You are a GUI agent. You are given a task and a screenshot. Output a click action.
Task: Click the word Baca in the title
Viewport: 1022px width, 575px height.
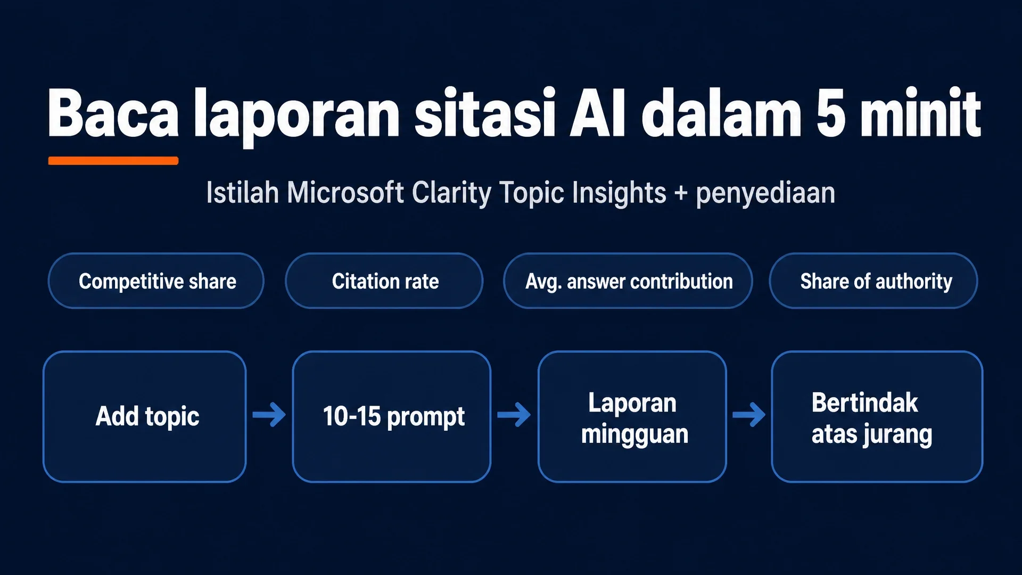(x=113, y=113)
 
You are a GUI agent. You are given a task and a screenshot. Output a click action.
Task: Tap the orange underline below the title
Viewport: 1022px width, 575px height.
(x=113, y=161)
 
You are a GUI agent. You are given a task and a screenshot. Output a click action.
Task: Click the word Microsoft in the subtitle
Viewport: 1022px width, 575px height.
(x=345, y=192)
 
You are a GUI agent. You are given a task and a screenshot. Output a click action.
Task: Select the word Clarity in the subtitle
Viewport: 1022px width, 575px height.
(x=452, y=193)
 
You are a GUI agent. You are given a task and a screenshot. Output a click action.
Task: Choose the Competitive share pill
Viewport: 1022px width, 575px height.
(x=156, y=281)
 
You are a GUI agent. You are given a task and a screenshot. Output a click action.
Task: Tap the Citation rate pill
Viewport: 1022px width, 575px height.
(x=384, y=281)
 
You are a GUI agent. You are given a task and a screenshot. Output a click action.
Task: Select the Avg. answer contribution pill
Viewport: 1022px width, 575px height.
(x=628, y=281)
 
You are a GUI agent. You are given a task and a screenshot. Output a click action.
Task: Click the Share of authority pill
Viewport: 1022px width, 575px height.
(x=873, y=281)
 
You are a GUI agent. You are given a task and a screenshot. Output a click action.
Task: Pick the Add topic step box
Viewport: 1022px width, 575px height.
(x=145, y=416)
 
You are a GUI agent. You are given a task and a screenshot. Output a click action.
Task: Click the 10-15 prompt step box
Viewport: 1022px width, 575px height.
(x=392, y=416)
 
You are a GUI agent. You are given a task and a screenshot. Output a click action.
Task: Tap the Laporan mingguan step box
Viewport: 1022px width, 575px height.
(x=632, y=416)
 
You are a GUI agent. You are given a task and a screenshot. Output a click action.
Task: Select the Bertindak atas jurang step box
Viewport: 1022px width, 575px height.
(x=877, y=416)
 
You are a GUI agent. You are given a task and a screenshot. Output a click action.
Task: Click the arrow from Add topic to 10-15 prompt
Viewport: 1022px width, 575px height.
(x=269, y=415)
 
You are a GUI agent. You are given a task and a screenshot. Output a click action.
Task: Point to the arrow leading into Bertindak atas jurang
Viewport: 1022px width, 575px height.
(x=749, y=415)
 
